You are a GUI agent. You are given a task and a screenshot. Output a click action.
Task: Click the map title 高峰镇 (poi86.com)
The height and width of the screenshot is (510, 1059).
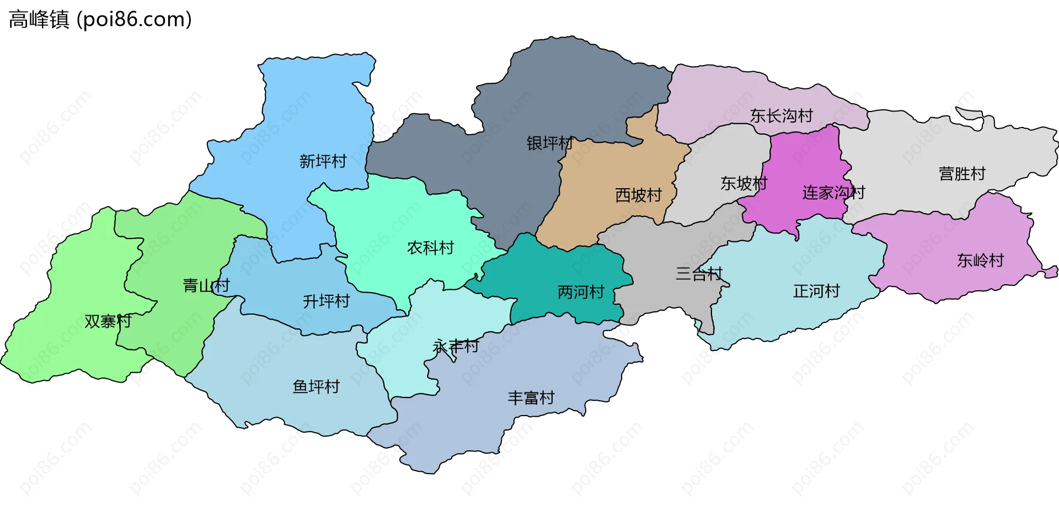[100, 19]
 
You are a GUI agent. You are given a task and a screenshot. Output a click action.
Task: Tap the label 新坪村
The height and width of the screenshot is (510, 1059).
[323, 161]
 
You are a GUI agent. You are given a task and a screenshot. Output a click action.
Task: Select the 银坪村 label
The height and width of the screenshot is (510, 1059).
[550, 144]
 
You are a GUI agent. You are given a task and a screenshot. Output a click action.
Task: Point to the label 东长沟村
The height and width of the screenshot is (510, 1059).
[781, 116]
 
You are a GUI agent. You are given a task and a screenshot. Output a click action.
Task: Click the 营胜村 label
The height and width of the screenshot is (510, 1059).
[962, 174]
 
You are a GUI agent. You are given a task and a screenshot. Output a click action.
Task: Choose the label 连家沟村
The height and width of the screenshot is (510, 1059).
[833, 193]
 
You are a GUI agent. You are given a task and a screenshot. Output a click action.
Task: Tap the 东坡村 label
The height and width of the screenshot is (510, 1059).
[744, 183]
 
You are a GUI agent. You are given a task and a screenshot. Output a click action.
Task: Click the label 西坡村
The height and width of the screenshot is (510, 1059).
[638, 195]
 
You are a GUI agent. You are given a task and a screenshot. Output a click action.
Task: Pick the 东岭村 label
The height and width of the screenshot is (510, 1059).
[980, 261]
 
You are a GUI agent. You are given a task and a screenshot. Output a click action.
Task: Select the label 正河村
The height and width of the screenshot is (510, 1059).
[816, 291]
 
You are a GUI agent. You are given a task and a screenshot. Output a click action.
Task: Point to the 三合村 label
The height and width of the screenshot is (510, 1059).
[699, 274]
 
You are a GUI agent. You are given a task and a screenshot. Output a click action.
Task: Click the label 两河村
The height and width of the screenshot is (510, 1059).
[581, 292]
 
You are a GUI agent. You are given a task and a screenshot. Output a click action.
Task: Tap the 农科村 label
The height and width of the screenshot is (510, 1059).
[430, 248]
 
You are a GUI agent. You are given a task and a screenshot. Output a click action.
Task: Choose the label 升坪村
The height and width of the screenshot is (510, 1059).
[326, 301]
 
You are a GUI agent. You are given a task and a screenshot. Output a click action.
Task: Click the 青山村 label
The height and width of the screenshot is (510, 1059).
[206, 286]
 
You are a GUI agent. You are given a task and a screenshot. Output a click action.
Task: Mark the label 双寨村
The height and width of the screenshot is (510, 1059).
[108, 321]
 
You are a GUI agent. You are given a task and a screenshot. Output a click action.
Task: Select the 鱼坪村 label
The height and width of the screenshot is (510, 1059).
[316, 386]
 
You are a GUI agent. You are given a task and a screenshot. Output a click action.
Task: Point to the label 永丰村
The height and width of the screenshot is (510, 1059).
[456, 347]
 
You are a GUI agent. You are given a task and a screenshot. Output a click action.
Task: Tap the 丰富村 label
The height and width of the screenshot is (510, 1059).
[531, 398]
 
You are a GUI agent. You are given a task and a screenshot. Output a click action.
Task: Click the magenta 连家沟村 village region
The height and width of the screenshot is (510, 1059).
[805, 160]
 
